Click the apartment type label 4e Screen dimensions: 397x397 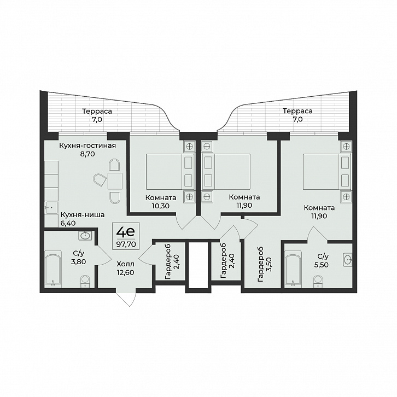126,232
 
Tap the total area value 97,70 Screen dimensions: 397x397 126,244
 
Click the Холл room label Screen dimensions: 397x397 126,264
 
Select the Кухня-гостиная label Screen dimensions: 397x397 87,146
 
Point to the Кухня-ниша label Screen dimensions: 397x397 83,215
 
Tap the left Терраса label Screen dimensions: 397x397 97,111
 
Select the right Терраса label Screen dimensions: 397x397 297,111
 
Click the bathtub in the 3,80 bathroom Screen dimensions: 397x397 53,269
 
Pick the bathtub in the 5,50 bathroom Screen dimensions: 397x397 293,269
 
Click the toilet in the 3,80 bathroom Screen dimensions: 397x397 85,282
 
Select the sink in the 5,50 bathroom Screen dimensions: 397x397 348,259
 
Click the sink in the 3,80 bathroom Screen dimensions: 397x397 85,236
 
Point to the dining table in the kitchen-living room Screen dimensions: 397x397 115,181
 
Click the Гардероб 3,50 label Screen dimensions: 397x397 265,265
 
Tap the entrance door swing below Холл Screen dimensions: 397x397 126,299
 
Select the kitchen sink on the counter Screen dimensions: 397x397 51,208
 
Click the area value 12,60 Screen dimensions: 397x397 125,272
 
